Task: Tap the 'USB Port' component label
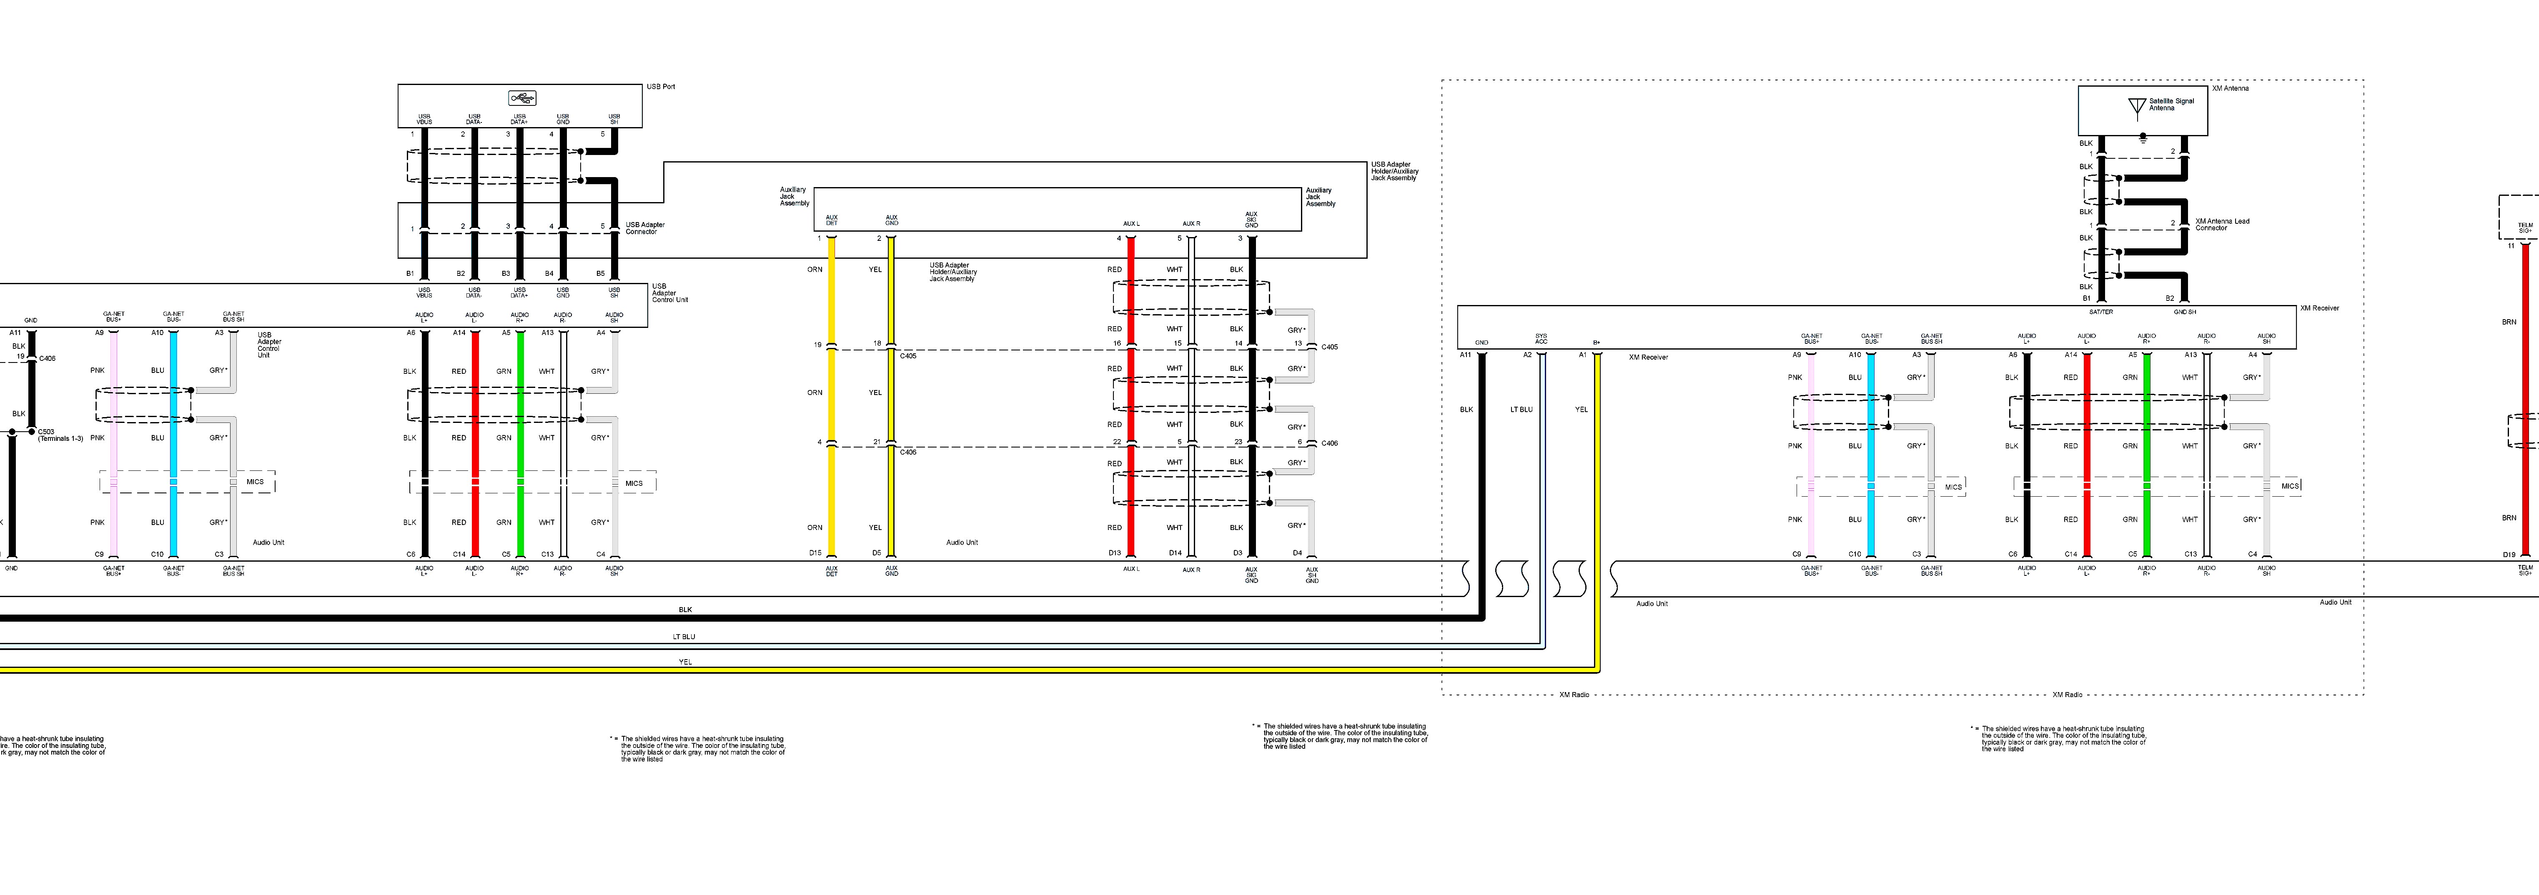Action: [x=660, y=87]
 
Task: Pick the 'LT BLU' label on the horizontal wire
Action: [x=684, y=637]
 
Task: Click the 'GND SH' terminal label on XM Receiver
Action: [x=2184, y=312]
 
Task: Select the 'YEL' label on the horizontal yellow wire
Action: [x=685, y=662]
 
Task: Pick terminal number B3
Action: [x=506, y=273]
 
